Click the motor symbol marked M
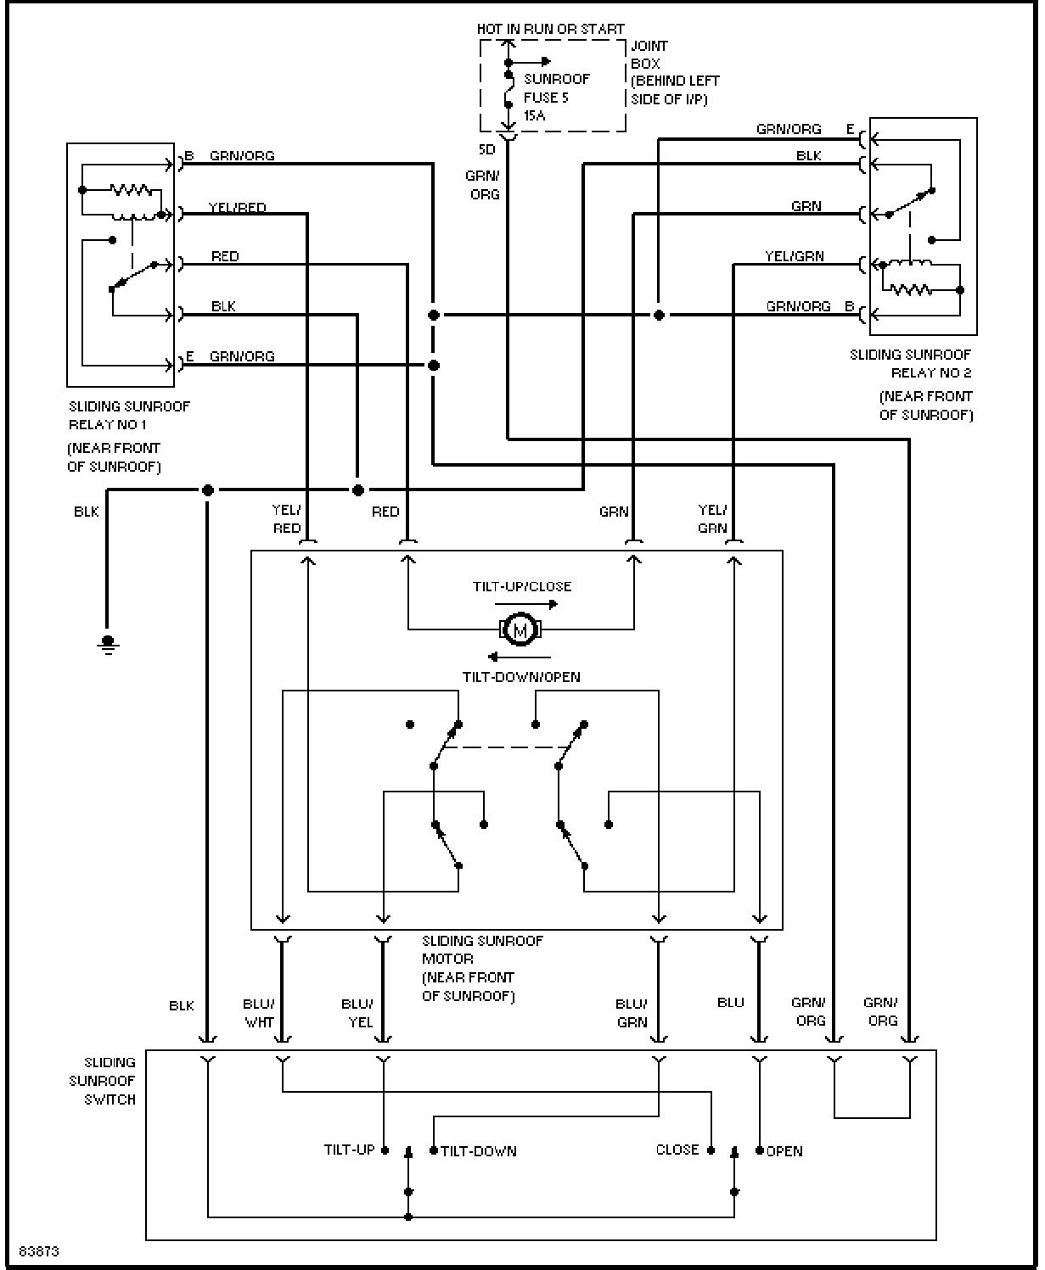pos(520,629)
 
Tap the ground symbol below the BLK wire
pos(108,645)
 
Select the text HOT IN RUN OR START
pos(550,29)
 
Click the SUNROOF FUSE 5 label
pos(556,88)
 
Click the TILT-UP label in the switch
pos(349,1150)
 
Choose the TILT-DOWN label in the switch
pos(479,1151)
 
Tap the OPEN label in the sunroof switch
pos(784,1151)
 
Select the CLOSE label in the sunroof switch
pos(677,1150)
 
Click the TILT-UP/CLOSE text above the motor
pos(522,586)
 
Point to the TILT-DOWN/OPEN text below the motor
pos(521,677)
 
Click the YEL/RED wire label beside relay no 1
pos(238,208)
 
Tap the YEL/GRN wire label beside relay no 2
pos(795,256)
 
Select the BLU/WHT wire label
pos(259,1013)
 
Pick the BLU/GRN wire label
pos(632,1013)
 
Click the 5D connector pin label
pos(487,149)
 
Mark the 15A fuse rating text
pos(535,115)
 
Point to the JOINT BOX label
pos(649,55)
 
